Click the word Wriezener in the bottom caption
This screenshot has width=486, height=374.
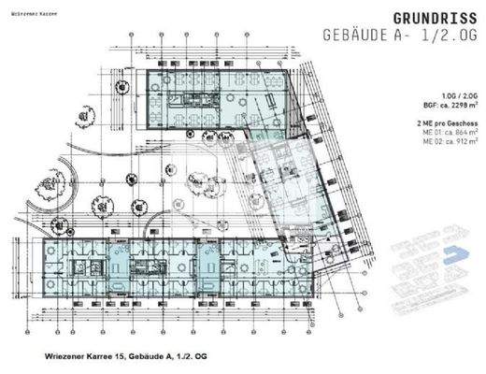(x=68, y=355)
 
